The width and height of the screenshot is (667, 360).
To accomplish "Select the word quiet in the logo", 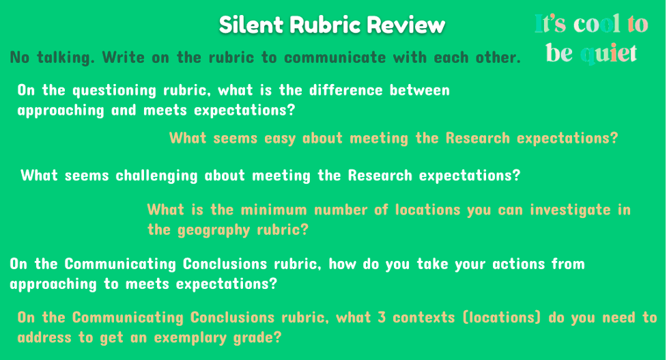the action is pyautogui.click(x=609, y=54).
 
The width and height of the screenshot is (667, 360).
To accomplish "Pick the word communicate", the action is pyautogui.click(x=335, y=57).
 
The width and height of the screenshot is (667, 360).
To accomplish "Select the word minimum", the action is pyautogui.click(x=274, y=210).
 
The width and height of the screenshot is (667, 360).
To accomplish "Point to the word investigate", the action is pyautogui.click(x=570, y=210).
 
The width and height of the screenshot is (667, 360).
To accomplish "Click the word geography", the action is pyautogui.click(x=214, y=230).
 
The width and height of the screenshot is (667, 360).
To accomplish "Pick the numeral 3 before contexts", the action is pyautogui.click(x=382, y=318).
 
